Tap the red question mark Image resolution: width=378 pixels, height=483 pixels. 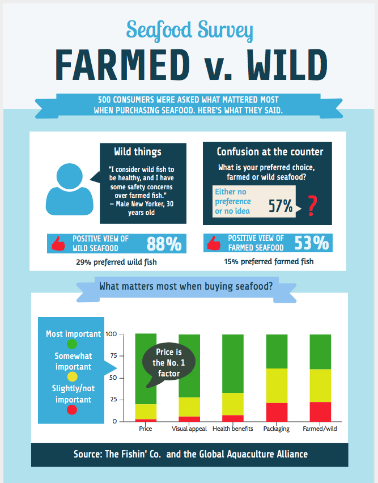[312, 206]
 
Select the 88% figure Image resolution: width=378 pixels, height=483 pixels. [164, 243]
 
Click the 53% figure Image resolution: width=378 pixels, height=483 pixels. [311, 243]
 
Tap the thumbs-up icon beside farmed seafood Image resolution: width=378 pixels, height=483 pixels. [214, 243]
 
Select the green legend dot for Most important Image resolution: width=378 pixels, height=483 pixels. [72, 344]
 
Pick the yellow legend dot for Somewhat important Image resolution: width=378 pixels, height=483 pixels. [72, 377]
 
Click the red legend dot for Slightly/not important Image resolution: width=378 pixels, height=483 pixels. [72, 409]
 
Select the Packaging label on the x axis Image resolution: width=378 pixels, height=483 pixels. [277, 429]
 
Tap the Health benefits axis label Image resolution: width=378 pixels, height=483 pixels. [232, 429]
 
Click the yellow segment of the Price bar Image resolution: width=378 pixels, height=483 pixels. [146, 412]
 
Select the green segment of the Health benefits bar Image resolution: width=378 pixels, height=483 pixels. [233, 363]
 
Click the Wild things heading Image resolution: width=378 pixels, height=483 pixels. [138, 151]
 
